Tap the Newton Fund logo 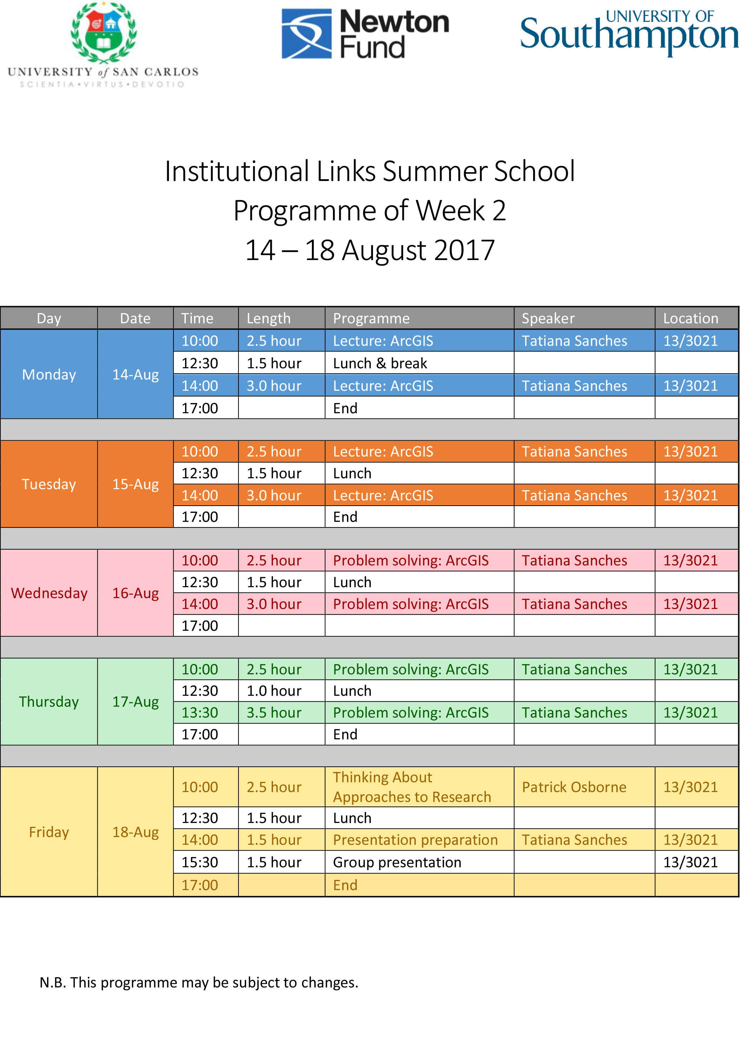(365, 34)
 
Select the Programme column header (419, 318)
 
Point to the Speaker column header (583, 318)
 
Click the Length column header (281, 318)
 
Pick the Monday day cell (49, 374)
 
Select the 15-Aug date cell (135, 484)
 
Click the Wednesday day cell (49, 593)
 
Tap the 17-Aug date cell (135, 702)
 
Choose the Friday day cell (49, 832)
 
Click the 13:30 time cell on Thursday (205, 713)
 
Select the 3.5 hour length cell (281, 713)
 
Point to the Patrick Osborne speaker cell (583, 787)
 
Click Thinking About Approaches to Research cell (419, 787)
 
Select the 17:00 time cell (205, 885)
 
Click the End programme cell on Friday (419, 885)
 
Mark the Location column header (696, 318)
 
